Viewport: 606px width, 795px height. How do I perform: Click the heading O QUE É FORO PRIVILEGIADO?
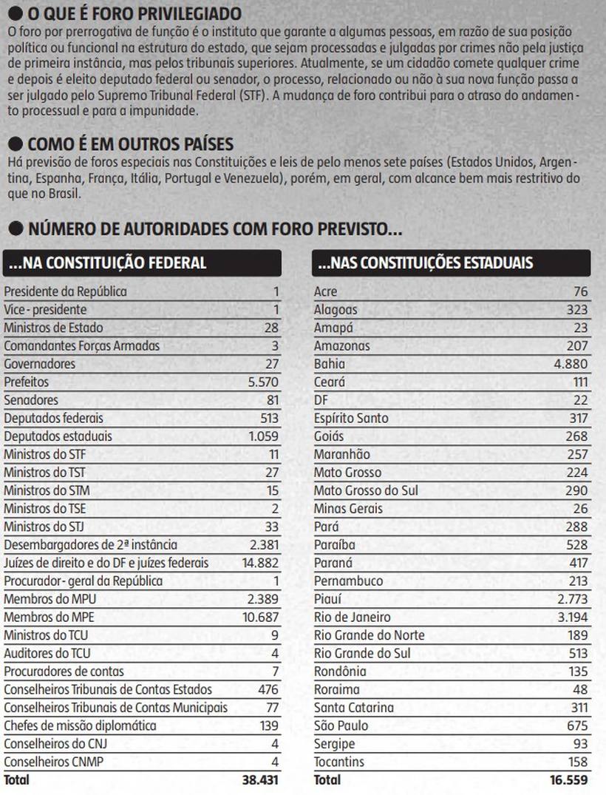point(134,14)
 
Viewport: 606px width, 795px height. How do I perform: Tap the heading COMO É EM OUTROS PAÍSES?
point(130,143)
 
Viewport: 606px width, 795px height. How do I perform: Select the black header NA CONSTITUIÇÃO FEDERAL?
point(142,263)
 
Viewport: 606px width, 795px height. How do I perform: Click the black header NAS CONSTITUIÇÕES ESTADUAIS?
point(452,263)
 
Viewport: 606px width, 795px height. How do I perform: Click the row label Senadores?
point(31,400)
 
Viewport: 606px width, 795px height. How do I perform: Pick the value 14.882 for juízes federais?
point(260,564)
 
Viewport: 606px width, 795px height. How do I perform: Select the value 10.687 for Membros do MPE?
point(261,618)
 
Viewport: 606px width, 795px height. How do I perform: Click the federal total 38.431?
point(260,780)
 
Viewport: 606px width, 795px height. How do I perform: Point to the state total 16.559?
point(570,780)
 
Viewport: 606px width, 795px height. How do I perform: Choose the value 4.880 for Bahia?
point(571,364)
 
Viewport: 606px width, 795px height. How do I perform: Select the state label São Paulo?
point(341,726)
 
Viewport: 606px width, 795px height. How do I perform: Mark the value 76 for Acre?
point(581,291)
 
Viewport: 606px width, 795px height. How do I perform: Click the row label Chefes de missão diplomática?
point(80,726)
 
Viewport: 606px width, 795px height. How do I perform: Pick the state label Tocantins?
point(339,762)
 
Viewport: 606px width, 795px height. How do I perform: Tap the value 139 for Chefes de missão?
point(269,726)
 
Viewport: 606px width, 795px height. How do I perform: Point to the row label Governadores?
point(39,364)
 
